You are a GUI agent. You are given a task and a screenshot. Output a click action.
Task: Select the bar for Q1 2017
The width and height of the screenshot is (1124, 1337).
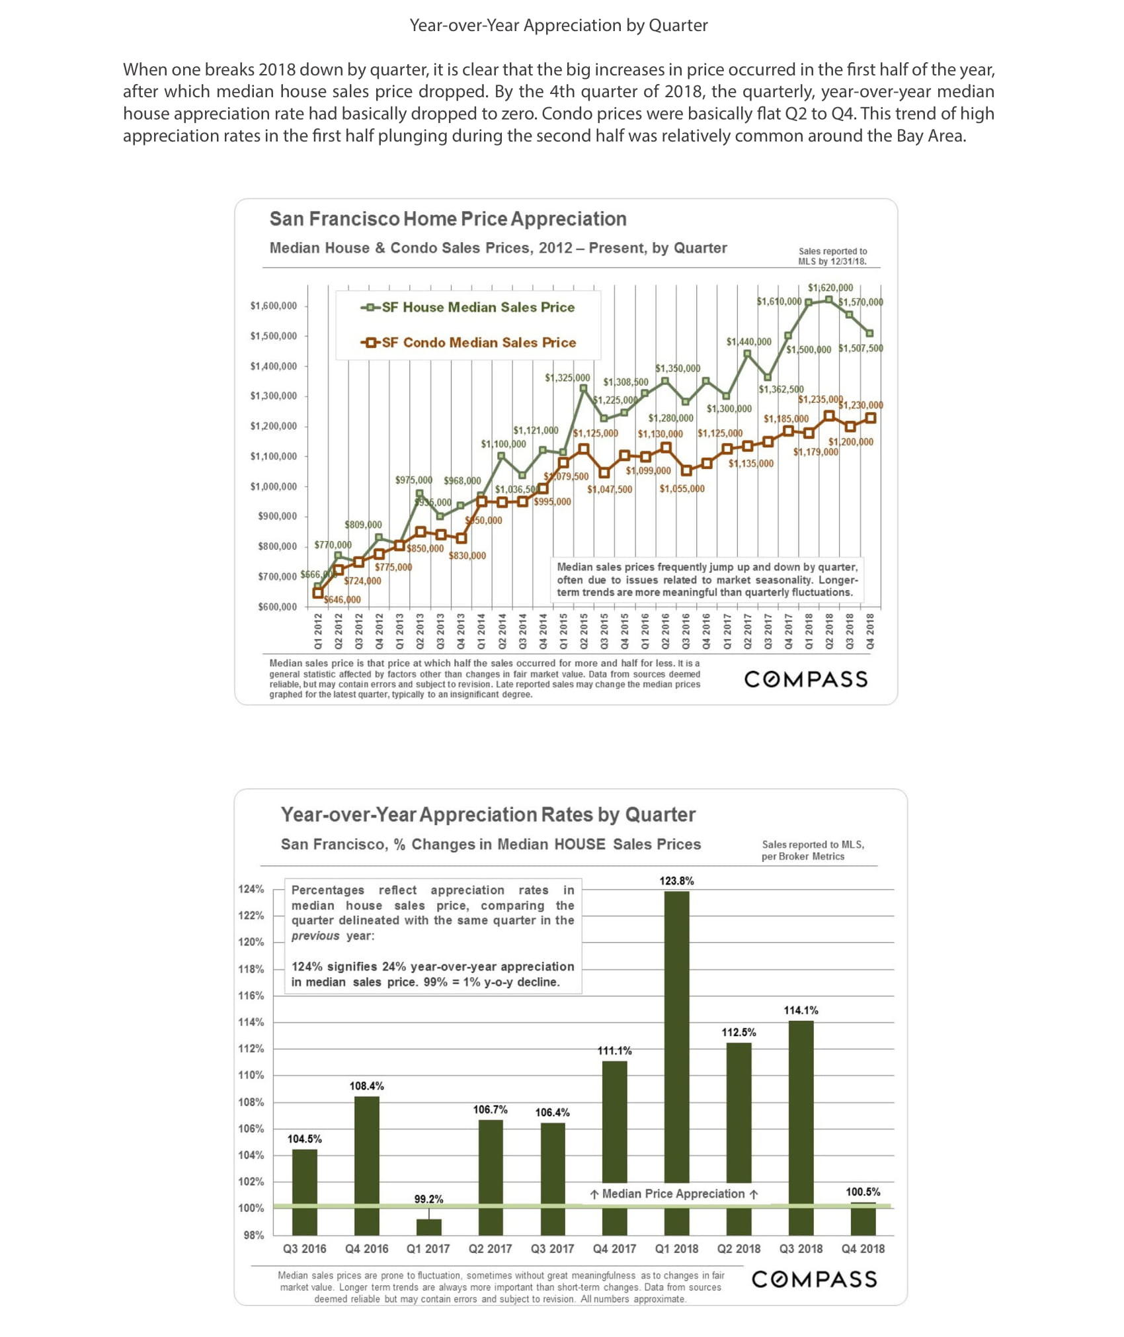tap(428, 1227)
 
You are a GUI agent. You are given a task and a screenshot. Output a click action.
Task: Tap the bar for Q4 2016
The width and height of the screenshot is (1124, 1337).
tap(367, 1165)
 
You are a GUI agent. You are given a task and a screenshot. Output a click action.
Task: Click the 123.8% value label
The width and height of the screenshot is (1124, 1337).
tap(676, 881)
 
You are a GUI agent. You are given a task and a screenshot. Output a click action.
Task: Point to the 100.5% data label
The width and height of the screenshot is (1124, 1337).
tap(863, 1191)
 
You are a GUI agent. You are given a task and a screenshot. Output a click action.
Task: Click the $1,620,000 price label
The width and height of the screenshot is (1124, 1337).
tap(830, 288)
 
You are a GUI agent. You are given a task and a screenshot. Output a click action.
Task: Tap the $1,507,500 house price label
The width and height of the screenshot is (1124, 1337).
tap(860, 348)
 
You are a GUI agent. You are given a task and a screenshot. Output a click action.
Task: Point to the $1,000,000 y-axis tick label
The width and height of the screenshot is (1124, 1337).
tap(273, 486)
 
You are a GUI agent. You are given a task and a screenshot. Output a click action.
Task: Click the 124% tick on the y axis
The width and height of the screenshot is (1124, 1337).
tap(251, 888)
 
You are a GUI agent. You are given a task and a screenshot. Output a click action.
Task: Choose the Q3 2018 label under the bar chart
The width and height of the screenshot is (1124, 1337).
tap(801, 1248)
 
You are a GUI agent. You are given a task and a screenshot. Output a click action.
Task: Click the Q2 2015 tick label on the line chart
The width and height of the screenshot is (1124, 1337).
tap(584, 631)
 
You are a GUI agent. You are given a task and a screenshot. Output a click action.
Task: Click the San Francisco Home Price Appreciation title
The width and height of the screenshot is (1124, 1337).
tap(448, 219)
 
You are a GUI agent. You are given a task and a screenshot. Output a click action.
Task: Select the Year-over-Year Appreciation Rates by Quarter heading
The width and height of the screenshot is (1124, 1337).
tap(488, 814)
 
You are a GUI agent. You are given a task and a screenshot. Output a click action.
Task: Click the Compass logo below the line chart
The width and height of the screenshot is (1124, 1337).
tap(805, 679)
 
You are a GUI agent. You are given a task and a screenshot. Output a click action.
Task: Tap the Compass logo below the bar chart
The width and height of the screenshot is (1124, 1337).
tap(814, 1279)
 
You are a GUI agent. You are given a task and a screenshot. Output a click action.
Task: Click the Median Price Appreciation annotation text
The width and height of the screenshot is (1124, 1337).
tap(674, 1193)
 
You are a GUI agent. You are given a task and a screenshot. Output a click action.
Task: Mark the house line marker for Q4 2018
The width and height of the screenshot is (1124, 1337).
tap(870, 333)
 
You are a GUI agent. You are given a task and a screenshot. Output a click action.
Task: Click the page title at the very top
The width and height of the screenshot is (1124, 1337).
tap(559, 26)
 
